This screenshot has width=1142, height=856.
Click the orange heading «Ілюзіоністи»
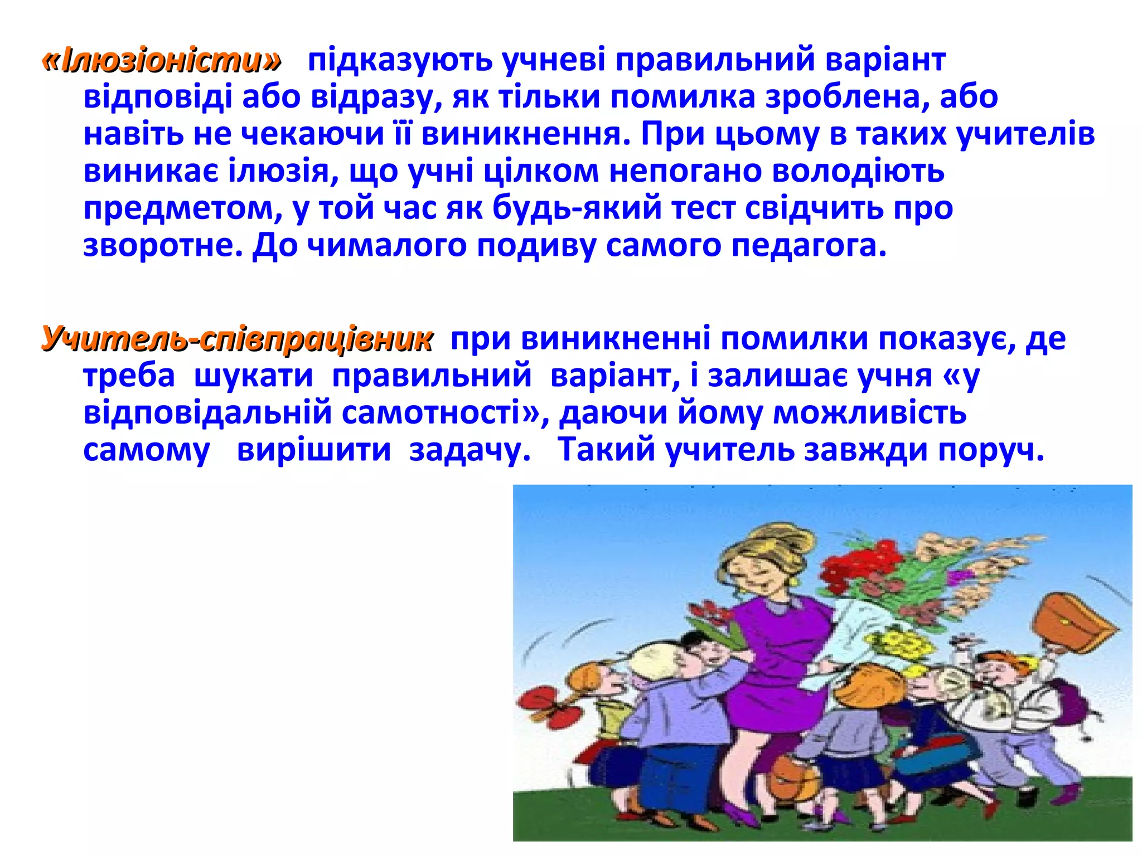(x=162, y=61)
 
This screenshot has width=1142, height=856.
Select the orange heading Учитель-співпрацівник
(x=237, y=339)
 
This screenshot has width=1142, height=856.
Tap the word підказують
(x=400, y=61)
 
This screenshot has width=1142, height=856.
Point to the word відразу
(x=372, y=98)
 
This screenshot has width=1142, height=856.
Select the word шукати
(x=254, y=376)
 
